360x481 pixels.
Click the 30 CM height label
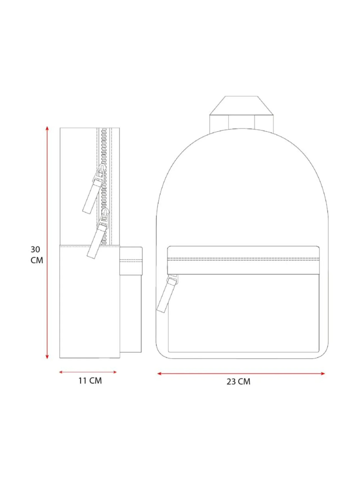pos(37,255)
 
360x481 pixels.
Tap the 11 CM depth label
pos(90,381)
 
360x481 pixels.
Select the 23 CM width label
pos(238,381)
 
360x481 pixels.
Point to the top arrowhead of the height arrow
pos(47,129)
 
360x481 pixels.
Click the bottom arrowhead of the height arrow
pos(47,357)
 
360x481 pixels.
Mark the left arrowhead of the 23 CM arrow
pos(159,373)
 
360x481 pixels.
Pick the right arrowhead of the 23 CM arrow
pos(323,373)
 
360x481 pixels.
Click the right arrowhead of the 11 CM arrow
pos(114,372)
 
